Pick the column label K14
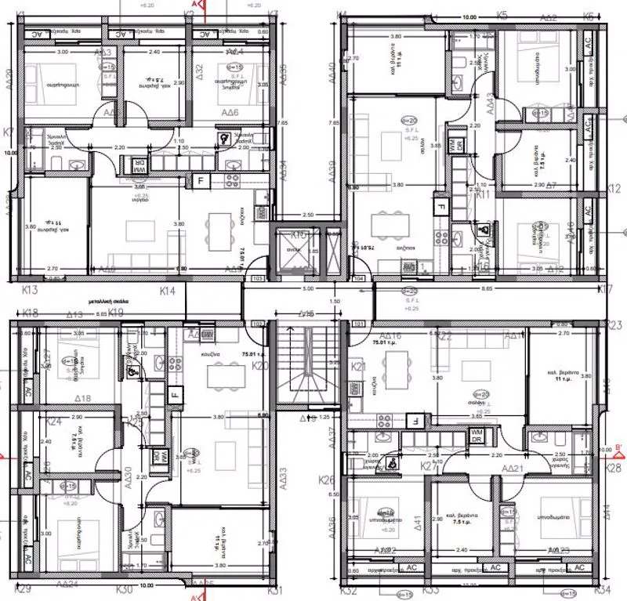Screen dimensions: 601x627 [167, 291]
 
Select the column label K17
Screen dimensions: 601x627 [604, 290]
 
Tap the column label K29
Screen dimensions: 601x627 [23, 588]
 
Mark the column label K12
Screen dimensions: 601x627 [614, 189]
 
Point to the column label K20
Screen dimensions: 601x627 [261, 365]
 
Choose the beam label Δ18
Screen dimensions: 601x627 [82, 398]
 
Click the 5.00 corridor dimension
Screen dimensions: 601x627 [307, 288]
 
